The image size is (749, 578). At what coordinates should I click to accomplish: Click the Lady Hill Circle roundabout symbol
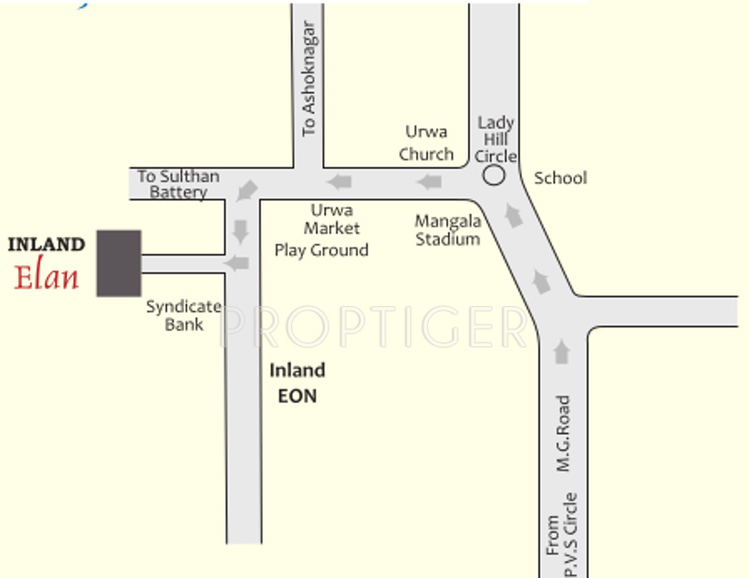click(494, 175)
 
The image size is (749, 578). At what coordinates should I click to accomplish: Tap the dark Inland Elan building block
click(118, 263)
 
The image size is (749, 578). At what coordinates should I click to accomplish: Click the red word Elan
click(47, 275)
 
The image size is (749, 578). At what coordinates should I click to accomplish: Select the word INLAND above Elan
click(47, 245)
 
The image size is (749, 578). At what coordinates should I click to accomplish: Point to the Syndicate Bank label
click(184, 315)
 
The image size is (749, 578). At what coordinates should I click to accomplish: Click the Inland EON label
click(297, 383)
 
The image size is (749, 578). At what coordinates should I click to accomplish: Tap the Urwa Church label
click(426, 143)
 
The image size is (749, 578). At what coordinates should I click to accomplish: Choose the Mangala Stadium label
click(449, 230)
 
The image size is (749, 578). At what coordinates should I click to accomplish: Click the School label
click(560, 178)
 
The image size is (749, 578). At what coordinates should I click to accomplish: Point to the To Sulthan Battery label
click(178, 185)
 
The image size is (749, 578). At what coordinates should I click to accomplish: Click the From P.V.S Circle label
click(562, 534)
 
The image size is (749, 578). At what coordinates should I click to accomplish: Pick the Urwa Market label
click(331, 219)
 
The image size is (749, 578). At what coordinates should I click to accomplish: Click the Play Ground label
click(321, 250)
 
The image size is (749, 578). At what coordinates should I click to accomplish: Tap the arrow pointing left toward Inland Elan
click(238, 264)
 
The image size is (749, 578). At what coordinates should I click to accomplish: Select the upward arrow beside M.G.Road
click(562, 352)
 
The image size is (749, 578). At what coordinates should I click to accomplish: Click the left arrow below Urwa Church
click(429, 182)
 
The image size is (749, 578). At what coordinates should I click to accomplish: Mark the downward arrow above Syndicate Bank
click(241, 231)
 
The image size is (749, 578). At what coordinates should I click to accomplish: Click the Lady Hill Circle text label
click(496, 140)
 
